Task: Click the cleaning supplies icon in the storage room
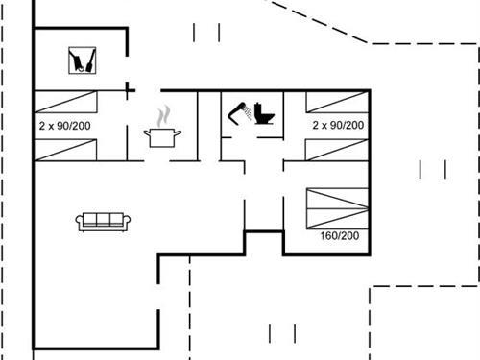point(82,61)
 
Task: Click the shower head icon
point(239,112)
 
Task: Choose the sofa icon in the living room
point(103,221)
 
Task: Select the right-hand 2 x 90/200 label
point(338,125)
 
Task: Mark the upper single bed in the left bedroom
point(67,101)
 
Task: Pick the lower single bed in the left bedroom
point(67,149)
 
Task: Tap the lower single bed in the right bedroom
point(337,149)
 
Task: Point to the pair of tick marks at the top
point(206,33)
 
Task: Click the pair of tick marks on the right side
point(433,170)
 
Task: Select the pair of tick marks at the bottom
point(281,334)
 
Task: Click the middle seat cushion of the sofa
point(103,221)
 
